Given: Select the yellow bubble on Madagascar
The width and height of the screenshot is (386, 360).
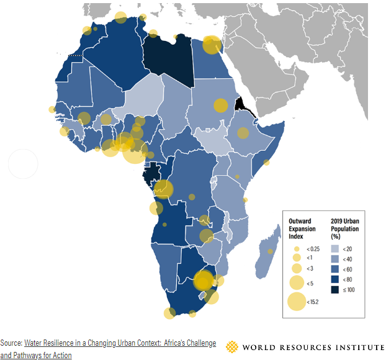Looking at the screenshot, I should pyautogui.click(x=271, y=251).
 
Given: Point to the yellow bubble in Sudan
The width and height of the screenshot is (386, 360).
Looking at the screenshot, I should pyautogui.click(x=221, y=106).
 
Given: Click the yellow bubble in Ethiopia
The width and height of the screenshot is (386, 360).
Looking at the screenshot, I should pyautogui.click(x=243, y=133).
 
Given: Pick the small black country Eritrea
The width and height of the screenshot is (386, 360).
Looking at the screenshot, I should pyautogui.click(x=239, y=104).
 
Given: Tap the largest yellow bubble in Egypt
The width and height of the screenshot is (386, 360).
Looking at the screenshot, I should pyautogui.click(x=212, y=45).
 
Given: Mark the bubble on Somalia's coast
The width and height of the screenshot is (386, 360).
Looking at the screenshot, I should pyautogui.click(x=266, y=163).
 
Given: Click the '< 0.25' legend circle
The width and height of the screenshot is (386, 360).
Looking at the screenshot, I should pyautogui.click(x=296, y=248).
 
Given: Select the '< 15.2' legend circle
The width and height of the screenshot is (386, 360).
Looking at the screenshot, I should pyautogui.click(x=296, y=302).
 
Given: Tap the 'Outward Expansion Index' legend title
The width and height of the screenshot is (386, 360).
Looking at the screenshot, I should pyautogui.click(x=302, y=228).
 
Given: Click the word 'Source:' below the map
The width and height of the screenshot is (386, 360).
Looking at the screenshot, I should pyautogui.click(x=11, y=343).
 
